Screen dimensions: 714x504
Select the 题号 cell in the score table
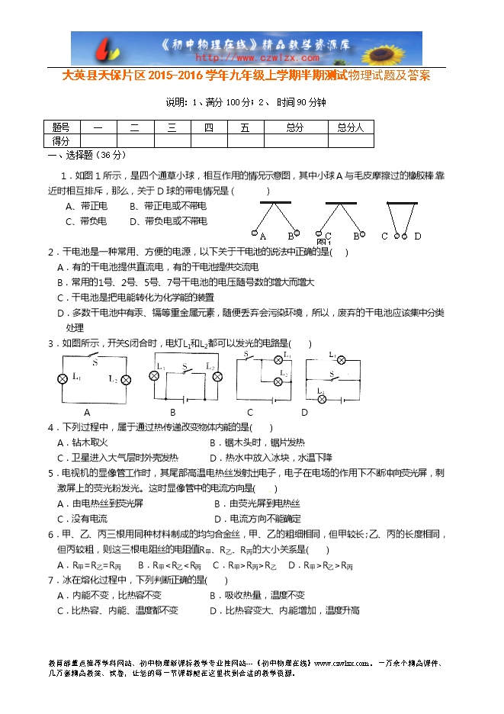point(60,127)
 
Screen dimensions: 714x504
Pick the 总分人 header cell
point(351,127)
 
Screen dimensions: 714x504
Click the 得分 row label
point(60,141)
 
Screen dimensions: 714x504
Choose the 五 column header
point(245,127)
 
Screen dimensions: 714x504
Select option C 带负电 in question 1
point(85,221)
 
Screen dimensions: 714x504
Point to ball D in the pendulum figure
point(416,236)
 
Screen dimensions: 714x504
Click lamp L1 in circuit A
point(63,378)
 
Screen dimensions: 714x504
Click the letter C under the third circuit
point(249,413)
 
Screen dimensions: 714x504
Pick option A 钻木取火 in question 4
point(83,442)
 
